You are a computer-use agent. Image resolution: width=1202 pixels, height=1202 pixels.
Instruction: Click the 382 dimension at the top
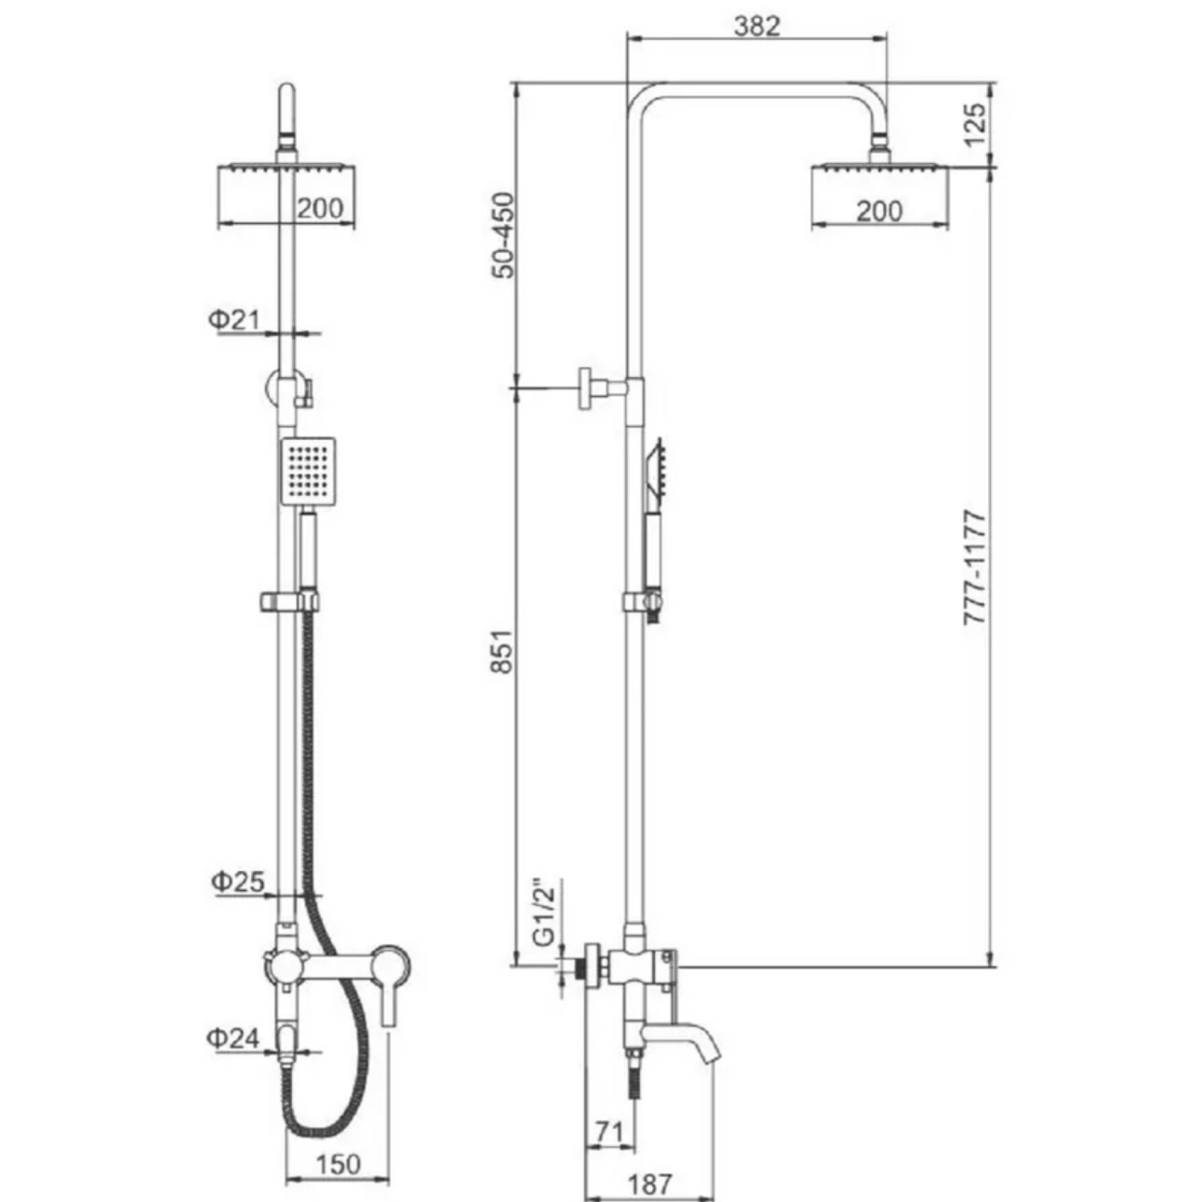pos(757,25)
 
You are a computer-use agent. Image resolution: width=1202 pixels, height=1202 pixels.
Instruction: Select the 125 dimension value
pos(975,124)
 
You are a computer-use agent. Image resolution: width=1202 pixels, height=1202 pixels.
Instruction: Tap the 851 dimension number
pos(503,651)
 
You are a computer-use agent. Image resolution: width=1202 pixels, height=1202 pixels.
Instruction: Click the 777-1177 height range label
pos(975,567)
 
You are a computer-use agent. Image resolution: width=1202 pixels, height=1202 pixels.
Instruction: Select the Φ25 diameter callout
pos(237,882)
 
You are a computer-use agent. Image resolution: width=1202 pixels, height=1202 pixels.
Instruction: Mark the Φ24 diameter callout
pos(233,1039)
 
